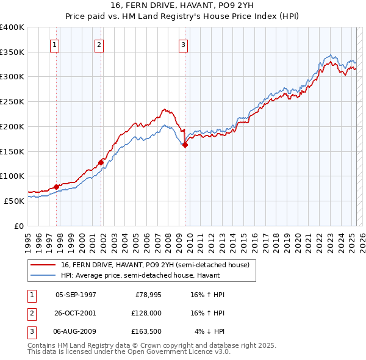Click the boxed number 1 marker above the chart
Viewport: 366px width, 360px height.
55,44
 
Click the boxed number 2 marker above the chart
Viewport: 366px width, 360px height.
99,44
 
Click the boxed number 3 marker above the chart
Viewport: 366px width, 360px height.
183,44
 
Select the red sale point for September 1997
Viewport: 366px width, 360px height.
57,187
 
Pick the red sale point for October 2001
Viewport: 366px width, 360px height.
101,162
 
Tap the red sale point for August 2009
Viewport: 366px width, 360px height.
185,145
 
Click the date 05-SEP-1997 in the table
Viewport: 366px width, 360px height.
76,295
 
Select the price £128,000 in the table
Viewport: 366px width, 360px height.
145,313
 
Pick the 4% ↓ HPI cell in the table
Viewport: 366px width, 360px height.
208,331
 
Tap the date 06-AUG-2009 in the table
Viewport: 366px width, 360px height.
76,331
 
